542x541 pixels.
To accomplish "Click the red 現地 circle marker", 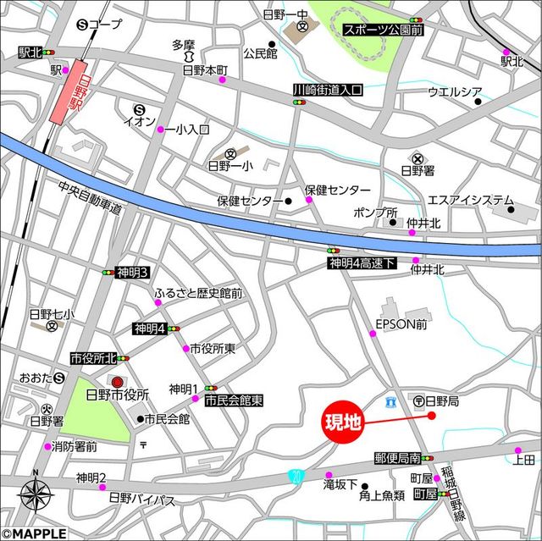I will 343,421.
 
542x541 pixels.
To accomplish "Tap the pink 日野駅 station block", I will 71,91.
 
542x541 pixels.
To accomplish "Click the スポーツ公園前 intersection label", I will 383,30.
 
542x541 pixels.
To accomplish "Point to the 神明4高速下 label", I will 362,263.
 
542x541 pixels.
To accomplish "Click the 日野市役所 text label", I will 118,395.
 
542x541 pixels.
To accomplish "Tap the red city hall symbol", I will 117,383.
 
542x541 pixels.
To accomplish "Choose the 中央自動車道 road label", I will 91,197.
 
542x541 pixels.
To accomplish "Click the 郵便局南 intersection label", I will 397,458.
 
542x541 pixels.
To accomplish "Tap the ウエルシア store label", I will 455,91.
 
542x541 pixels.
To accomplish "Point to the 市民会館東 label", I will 234,400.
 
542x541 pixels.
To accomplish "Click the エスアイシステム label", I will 470,201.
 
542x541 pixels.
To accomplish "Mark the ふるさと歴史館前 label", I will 198,294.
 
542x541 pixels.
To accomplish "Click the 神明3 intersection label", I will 133,272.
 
